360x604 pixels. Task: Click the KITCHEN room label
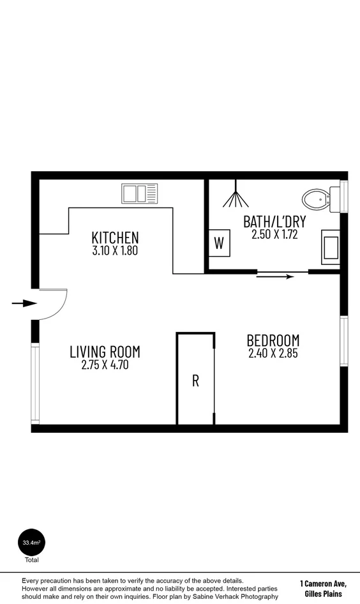pyautogui.click(x=115, y=238)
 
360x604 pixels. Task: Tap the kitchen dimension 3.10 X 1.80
pyautogui.click(x=115, y=250)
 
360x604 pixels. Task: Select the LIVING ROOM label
pyautogui.click(x=105, y=352)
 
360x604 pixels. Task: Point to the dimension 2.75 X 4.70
pyautogui.click(x=105, y=365)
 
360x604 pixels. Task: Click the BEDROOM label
pyautogui.click(x=273, y=340)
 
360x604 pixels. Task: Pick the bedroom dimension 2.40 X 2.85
pyautogui.click(x=273, y=352)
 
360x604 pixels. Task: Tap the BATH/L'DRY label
pyautogui.click(x=274, y=222)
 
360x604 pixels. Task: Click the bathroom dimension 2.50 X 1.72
pyautogui.click(x=274, y=234)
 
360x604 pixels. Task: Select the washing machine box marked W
pyautogui.click(x=219, y=243)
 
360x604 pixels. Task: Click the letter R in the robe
pyautogui.click(x=195, y=381)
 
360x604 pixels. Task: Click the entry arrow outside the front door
pyautogui.click(x=24, y=303)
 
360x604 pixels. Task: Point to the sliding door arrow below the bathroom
pyautogui.click(x=276, y=276)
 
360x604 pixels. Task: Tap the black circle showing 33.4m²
pyautogui.click(x=31, y=543)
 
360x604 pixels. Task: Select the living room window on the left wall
pyautogui.click(x=36, y=383)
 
